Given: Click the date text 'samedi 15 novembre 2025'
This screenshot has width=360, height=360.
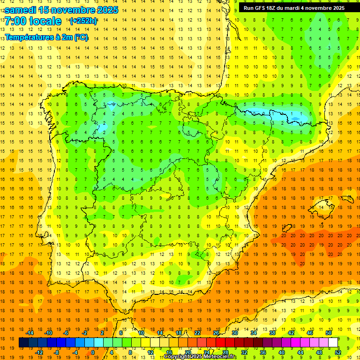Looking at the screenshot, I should [x=61, y=9].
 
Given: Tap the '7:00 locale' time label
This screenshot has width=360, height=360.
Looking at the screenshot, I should [x=33, y=21].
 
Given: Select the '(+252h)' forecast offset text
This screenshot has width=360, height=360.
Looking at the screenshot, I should [x=83, y=21].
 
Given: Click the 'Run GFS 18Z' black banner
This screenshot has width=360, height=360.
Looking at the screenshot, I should [x=294, y=8].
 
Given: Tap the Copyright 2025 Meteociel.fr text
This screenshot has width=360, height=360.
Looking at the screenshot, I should [x=200, y=357].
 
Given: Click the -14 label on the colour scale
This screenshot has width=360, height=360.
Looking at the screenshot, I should [x=30, y=333].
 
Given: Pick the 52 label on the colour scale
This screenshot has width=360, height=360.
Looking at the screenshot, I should [x=338, y=352].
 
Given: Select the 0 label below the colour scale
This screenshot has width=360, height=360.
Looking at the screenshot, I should [x=93, y=352].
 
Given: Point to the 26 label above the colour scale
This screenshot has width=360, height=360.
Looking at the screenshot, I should [x=216, y=333].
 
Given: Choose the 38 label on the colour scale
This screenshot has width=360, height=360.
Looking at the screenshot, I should [x=272, y=333].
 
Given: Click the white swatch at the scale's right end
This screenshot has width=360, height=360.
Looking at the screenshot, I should [x=333, y=343].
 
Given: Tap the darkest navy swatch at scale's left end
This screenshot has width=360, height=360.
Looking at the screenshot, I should [x=23, y=343].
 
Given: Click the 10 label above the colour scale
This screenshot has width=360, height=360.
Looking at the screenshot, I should [x=141, y=333].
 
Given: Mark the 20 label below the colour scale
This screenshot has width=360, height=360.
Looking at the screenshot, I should [x=187, y=352].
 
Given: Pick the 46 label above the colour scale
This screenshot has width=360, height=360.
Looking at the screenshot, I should [x=309, y=333].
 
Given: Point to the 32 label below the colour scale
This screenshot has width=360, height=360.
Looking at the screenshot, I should [x=244, y=352].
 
